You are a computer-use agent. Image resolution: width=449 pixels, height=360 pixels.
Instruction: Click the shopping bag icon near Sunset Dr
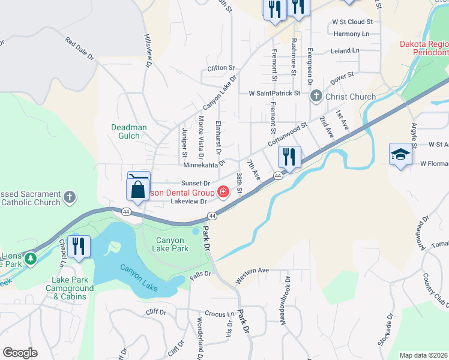click(138, 188)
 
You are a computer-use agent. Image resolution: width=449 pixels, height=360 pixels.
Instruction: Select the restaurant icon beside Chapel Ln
click(78, 246)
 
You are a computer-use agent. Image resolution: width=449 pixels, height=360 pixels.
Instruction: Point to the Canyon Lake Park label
click(172, 244)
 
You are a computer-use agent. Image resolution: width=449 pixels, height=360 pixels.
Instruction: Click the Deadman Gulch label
click(125, 131)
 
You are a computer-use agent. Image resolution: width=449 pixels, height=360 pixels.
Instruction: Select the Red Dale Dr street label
click(80, 50)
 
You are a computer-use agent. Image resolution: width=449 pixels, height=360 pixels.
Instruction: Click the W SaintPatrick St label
click(274, 94)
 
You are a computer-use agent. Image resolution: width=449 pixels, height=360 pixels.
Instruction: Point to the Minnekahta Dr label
click(203, 164)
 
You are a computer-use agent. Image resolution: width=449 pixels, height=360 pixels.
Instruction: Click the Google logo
click(20, 353)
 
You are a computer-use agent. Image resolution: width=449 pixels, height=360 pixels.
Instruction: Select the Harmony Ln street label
click(351, 34)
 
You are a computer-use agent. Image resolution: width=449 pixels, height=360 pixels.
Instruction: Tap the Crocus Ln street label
click(219, 314)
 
